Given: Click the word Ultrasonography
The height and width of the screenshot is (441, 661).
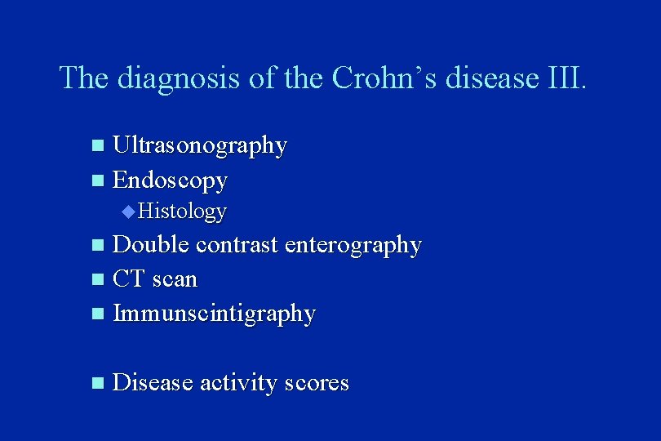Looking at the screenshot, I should pos(199,147).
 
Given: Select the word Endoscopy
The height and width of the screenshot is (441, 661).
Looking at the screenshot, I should pos(170,180).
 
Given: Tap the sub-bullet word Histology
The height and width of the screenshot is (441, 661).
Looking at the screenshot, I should pos(182,212).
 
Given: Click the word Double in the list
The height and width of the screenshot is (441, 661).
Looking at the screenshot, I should pos(152,245).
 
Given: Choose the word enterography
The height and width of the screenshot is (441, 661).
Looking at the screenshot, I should pos(353,246).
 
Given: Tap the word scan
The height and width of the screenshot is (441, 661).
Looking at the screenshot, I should pos(175,279).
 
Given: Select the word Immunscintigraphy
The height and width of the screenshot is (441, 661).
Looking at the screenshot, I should pos(214,314).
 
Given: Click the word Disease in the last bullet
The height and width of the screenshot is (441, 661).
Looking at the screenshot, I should pos(153,383).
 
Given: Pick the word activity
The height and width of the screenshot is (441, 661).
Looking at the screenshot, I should pos(238,384).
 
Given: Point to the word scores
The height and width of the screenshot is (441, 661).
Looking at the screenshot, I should pos(317,383).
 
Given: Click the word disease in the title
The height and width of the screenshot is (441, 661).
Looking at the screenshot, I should pos(496,78).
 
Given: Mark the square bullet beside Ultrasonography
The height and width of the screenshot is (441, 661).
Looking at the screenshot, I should pos(98,147).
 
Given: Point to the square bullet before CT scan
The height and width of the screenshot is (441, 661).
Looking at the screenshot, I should pos(98,279).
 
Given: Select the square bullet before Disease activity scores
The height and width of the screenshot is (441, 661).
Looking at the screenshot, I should pos(98,383).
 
